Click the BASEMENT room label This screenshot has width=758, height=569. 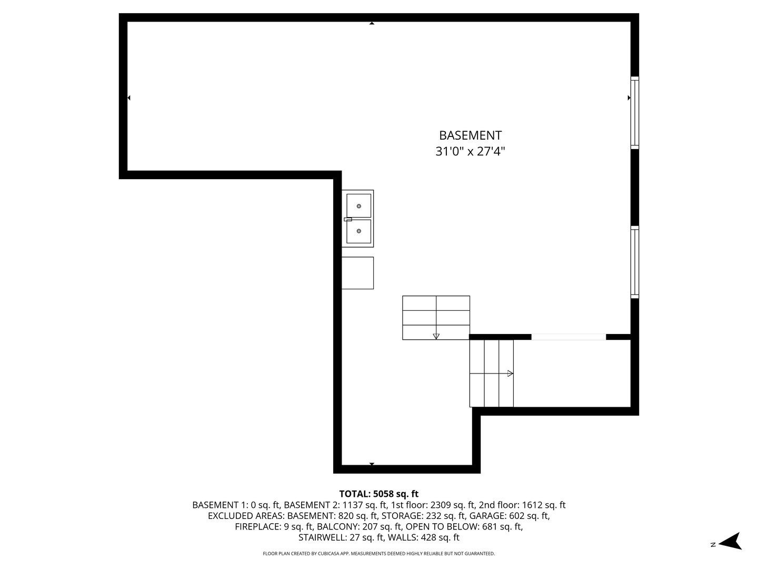coord(470,135)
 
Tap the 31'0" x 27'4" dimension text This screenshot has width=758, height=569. coord(470,151)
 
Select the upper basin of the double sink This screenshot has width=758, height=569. coord(359,205)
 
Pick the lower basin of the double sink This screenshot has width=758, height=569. coord(359,231)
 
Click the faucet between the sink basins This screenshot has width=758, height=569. coord(348,219)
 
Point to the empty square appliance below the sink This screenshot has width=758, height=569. coord(357,273)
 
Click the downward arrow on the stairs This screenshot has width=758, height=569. coord(436,336)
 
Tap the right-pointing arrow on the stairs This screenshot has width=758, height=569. coord(510,374)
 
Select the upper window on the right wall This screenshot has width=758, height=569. coord(635,113)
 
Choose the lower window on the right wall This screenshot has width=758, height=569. coord(635,262)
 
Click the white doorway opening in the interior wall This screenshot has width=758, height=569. coord(568,337)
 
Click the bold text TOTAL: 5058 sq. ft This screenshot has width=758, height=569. coord(379,494)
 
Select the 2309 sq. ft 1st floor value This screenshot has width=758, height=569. coord(453,505)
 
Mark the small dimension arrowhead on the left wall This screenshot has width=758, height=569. coord(129,98)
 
